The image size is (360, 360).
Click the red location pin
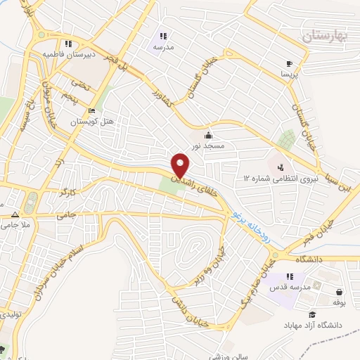click(181, 165)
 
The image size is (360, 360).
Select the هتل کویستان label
click(91, 122)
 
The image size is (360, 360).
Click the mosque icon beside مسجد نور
click(208, 135)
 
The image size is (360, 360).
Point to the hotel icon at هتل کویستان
click(91, 111)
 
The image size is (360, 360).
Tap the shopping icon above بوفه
click(340, 292)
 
